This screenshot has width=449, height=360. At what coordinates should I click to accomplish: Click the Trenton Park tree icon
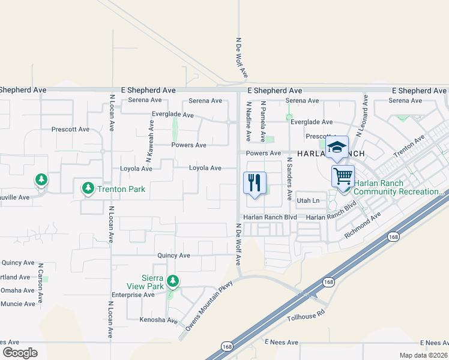click(x=88, y=189)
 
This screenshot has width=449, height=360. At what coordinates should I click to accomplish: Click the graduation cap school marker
click(x=337, y=147)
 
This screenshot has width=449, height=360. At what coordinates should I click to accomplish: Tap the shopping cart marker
click(x=343, y=176)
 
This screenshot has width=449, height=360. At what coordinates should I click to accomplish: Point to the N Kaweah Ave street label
click(x=148, y=141)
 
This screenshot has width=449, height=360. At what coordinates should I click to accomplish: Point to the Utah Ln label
click(x=307, y=200)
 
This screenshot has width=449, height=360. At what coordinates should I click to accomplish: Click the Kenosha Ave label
click(x=159, y=320)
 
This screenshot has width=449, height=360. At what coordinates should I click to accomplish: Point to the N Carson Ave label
click(x=41, y=281)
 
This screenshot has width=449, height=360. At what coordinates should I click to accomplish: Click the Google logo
click(x=20, y=352)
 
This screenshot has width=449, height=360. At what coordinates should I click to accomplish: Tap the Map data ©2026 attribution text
click(x=422, y=355)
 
